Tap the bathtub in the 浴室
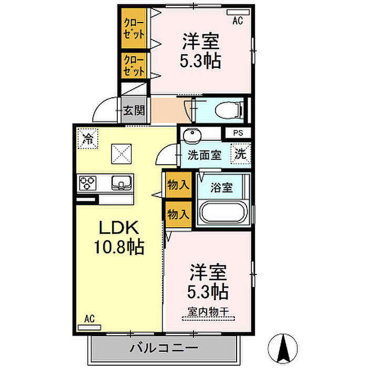tap(223, 213)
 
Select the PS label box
tap(238, 133)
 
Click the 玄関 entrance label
tap(134, 110)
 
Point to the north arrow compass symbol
tap(283, 348)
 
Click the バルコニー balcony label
tap(163, 348)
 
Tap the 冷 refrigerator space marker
tap(88, 139)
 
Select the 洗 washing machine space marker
tap(241, 154)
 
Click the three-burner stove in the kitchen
tap(88, 182)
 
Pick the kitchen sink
tap(121, 182)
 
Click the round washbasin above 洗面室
tap(193, 136)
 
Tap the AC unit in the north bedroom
tap(238, 12)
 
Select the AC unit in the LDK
tap(89, 328)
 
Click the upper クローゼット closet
tap(134, 28)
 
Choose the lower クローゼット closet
tap(134, 66)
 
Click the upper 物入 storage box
tap(179, 185)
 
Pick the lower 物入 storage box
tap(179, 214)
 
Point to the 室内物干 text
tap(208, 311)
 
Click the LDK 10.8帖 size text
tap(119, 238)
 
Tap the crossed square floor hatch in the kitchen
tap(121, 154)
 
